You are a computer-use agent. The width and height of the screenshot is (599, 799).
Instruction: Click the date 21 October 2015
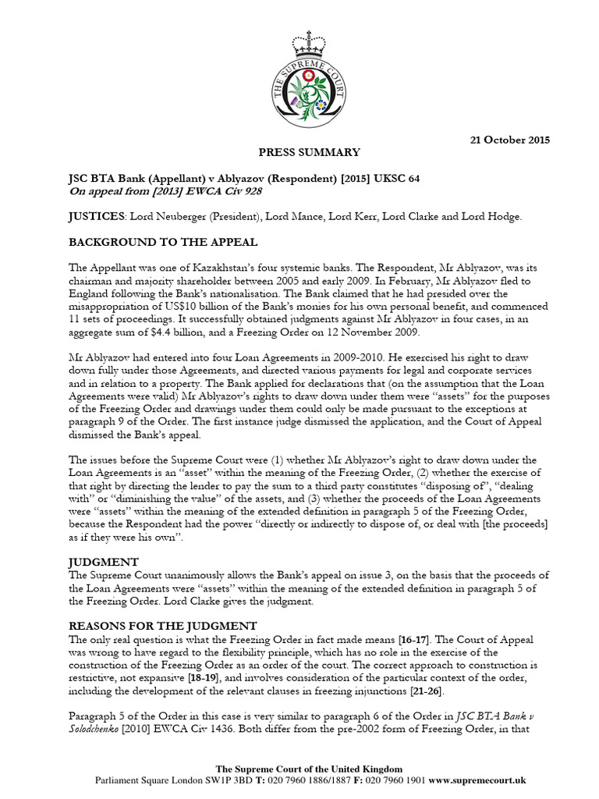point(509,140)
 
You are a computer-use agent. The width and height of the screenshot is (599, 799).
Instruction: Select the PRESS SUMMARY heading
point(299,152)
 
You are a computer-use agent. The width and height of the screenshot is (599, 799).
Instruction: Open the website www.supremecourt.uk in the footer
point(477,780)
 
